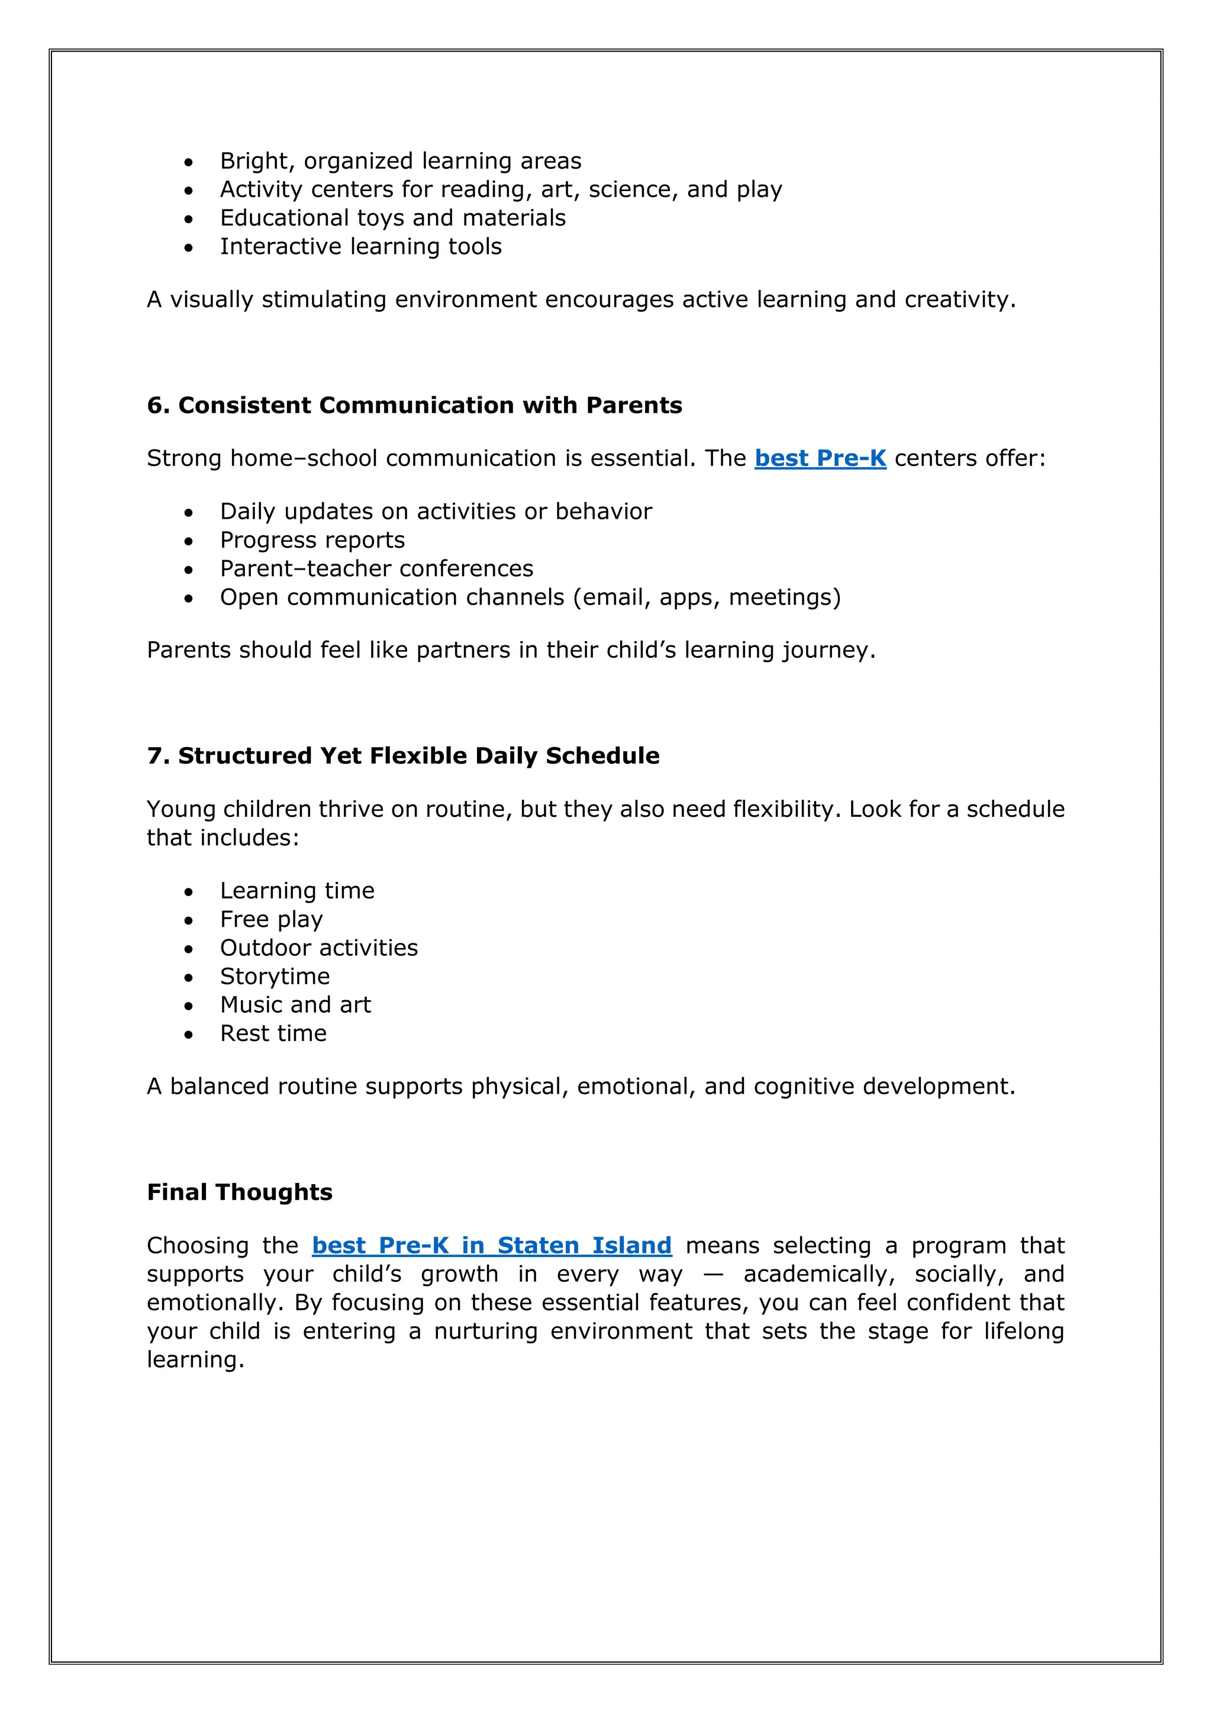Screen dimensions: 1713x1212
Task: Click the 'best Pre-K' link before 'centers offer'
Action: pos(820,458)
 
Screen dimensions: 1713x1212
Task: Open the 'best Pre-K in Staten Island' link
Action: pos(491,1245)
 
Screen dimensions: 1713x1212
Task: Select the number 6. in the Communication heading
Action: pos(157,405)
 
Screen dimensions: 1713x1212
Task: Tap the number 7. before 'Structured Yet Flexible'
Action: pos(157,756)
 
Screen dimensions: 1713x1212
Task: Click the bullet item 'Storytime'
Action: pos(275,976)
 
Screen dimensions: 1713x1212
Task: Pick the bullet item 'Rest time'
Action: pos(273,1033)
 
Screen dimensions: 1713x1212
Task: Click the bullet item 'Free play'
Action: pos(271,919)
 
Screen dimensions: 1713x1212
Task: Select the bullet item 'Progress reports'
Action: pos(312,539)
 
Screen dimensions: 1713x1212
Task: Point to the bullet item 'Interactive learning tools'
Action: pos(360,246)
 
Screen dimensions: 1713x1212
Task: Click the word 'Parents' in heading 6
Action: pos(634,405)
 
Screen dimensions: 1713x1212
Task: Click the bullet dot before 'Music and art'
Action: pos(189,1006)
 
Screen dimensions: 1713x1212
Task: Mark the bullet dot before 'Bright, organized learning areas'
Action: pos(189,162)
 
